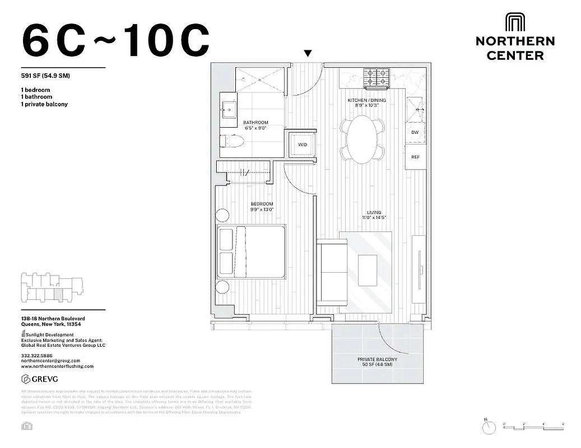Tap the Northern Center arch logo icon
tap(514, 23)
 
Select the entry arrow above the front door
tap(308, 54)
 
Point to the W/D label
tap(303, 145)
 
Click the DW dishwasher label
tap(415, 133)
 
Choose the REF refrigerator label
tap(415, 157)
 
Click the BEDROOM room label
tap(262, 203)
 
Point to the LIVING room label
tap(374, 212)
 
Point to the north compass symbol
tap(489, 427)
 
